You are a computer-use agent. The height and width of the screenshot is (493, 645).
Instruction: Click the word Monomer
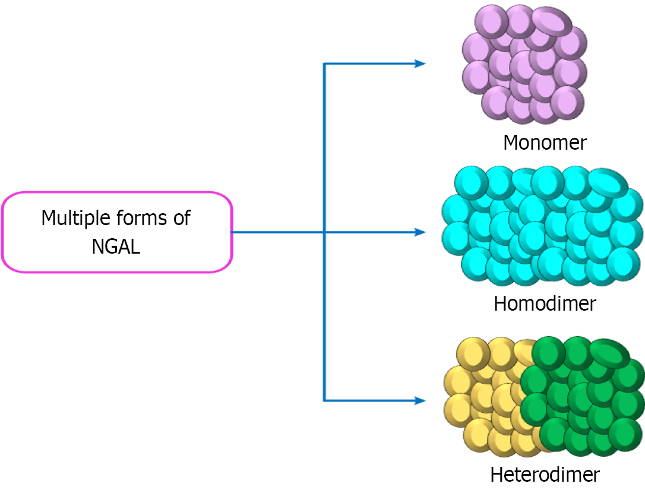[x=545, y=143]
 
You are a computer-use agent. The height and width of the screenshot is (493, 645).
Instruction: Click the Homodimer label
[x=545, y=304]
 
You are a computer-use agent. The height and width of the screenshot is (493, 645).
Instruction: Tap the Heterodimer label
[x=545, y=475]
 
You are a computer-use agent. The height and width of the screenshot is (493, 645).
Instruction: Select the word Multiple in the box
[x=75, y=218]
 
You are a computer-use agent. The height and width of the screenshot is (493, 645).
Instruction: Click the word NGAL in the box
[x=116, y=246]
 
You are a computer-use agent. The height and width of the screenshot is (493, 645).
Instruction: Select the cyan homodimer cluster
[x=542, y=226]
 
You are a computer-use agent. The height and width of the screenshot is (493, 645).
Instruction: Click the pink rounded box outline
[x=3, y=232]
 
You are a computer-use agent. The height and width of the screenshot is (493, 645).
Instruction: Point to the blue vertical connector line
[x=324, y=148]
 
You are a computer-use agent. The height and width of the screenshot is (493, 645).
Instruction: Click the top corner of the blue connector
[x=324, y=64]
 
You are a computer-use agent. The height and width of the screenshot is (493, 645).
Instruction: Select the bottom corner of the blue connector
[x=324, y=401]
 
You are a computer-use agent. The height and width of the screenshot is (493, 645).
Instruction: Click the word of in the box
[x=181, y=218]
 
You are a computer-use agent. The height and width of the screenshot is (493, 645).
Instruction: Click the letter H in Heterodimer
[x=498, y=475]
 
